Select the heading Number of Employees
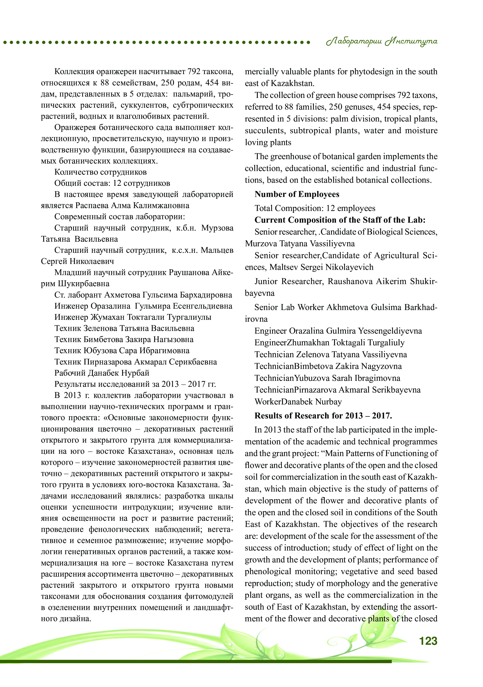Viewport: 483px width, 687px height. coord(297,194)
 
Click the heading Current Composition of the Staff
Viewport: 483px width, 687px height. coord(340,220)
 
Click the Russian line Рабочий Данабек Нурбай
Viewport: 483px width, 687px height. coord(102,373)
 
